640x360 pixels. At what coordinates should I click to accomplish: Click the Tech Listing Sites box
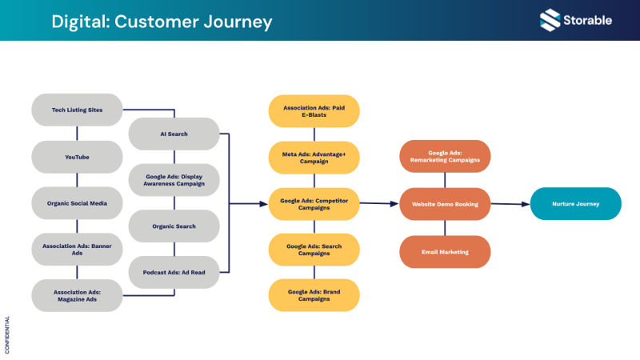tap(78, 110)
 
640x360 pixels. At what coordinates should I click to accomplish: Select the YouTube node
tap(78, 157)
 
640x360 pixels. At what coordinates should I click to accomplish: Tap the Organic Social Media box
tap(78, 203)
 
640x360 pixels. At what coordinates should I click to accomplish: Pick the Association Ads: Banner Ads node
tap(78, 249)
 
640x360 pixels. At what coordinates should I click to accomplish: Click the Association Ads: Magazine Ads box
tap(78, 295)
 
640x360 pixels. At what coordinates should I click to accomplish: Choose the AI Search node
tap(174, 134)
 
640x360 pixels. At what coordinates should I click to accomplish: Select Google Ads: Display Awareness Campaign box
tap(174, 180)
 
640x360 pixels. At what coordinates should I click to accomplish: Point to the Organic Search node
tap(174, 226)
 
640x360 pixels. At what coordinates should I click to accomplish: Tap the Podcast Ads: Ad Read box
tap(174, 272)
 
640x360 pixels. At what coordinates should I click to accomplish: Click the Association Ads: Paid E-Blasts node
tap(314, 110)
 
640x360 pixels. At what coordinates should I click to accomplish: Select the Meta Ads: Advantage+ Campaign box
tap(314, 157)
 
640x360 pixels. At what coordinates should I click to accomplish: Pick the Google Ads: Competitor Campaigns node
tap(314, 203)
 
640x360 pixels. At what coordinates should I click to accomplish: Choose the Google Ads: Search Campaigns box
tap(314, 249)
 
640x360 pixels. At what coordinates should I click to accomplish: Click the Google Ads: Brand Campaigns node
tap(314, 295)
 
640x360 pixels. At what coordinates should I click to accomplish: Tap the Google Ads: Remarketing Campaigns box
tap(444, 156)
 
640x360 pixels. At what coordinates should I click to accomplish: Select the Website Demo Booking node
tap(444, 204)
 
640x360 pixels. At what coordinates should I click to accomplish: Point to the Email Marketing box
tap(444, 252)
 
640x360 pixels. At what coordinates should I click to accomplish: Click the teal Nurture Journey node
tap(575, 204)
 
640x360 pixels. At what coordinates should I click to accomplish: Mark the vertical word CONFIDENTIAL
tap(8, 334)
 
